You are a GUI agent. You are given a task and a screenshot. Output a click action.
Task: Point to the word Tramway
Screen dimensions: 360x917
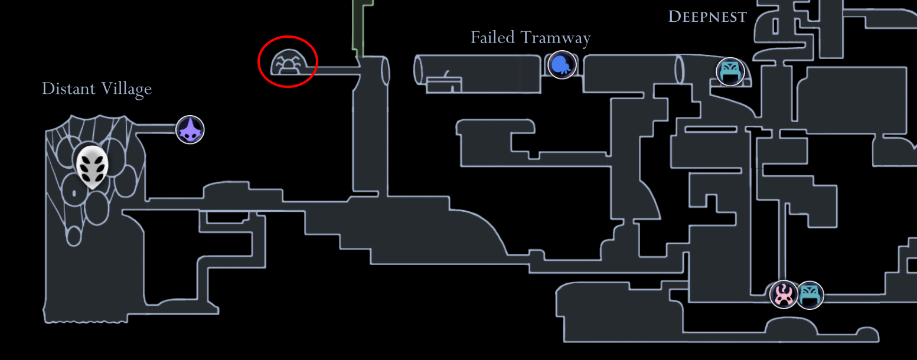(556, 38)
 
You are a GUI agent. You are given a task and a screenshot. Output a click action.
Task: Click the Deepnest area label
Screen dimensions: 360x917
(707, 17)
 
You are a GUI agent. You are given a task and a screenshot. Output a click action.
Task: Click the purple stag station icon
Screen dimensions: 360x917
(190, 130)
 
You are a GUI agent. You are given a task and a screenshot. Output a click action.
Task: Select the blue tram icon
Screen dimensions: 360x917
(562, 64)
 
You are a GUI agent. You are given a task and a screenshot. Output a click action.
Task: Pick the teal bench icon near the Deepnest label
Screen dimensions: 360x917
(730, 71)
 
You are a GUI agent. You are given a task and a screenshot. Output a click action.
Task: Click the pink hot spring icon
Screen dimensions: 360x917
(784, 294)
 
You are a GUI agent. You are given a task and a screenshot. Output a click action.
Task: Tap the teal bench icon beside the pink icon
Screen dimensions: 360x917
(810, 294)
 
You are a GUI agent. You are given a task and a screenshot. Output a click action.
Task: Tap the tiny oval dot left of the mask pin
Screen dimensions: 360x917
(74, 192)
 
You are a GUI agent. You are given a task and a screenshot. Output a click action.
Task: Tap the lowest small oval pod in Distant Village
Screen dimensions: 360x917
(74, 236)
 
